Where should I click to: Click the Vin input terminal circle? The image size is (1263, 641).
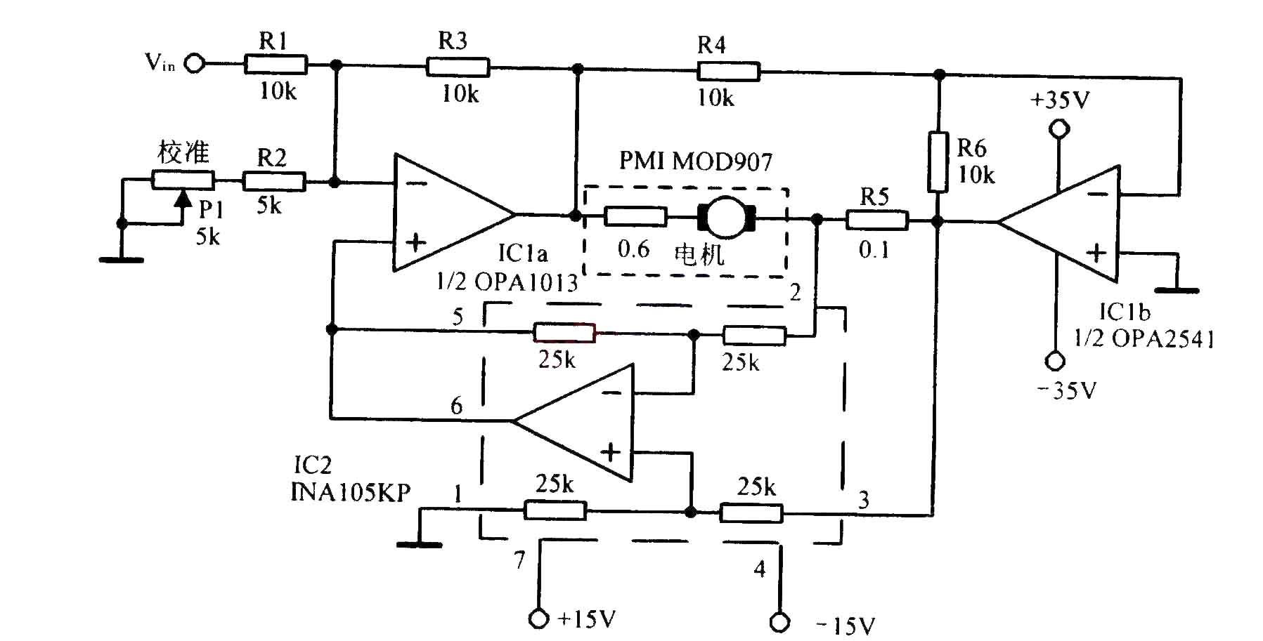[x=194, y=64]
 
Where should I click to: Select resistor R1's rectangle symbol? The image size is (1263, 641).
[x=276, y=65]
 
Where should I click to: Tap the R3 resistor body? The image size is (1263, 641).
[x=458, y=67]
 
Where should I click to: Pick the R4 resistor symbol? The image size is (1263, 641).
[x=728, y=72]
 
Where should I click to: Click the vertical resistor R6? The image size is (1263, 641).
[x=937, y=161]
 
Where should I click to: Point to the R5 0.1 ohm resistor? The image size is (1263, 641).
[x=876, y=221]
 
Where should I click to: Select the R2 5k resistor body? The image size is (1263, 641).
[x=273, y=182]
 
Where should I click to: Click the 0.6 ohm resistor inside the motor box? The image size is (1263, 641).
[x=635, y=216]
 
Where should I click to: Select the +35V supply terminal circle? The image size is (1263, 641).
[x=1058, y=129]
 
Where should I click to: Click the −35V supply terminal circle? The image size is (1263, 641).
[x=1055, y=361]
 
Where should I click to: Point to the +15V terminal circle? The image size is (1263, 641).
[x=539, y=619]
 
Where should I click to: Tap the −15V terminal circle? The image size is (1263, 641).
[x=779, y=622]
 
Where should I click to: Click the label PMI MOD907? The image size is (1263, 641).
[x=695, y=162]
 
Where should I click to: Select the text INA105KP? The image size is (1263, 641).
[x=351, y=492]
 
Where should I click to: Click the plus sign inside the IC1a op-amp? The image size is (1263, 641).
[x=416, y=243]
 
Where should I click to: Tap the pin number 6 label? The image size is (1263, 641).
[x=457, y=406]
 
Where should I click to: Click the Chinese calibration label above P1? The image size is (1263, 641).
[x=183, y=152]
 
